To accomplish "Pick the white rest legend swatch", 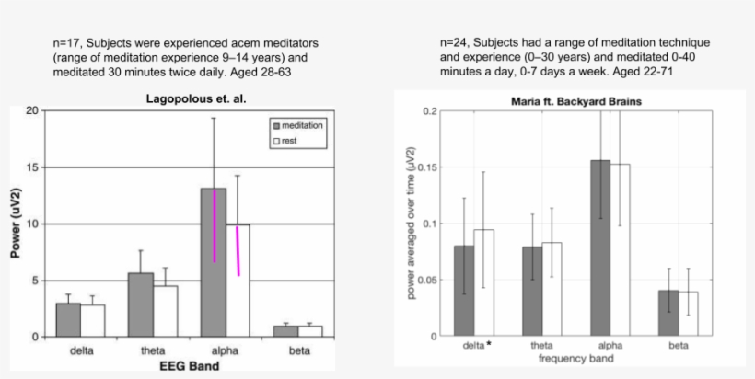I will coord(275,141).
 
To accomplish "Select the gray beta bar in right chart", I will coord(668,313).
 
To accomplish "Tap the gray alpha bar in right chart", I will coord(599,247).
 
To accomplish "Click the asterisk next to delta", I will coord(488,345).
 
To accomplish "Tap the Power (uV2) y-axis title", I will coord(16,224).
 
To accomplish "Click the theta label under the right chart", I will coord(541,346).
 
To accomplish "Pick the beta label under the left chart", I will coord(285,350).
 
